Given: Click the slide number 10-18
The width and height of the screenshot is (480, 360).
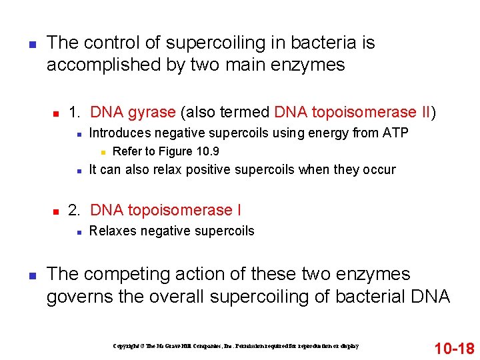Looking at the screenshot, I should (x=454, y=347).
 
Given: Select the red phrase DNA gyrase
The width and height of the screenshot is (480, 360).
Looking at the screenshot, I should (x=133, y=112).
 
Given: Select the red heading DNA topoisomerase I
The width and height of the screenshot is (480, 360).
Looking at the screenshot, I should (x=165, y=211).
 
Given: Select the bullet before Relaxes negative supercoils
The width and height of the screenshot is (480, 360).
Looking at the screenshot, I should (x=79, y=231).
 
